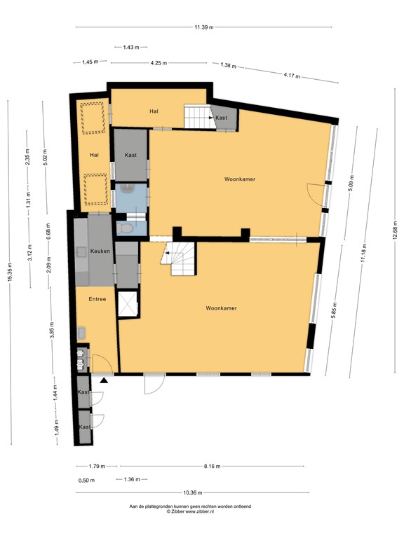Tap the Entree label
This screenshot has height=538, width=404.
click(x=97, y=299)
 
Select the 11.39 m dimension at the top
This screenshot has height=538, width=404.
click(x=204, y=27)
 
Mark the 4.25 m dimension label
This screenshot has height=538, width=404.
click(x=159, y=63)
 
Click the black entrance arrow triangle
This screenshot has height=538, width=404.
click(x=104, y=380)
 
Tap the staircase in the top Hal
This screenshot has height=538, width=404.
click(x=197, y=117)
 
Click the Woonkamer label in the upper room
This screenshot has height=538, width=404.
click(x=239, y=179)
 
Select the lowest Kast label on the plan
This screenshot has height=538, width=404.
click(x=84, y=427)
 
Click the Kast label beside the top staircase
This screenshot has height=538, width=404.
click(x=222, y=118)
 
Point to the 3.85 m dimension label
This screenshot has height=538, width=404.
click(x=52, y=337)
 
